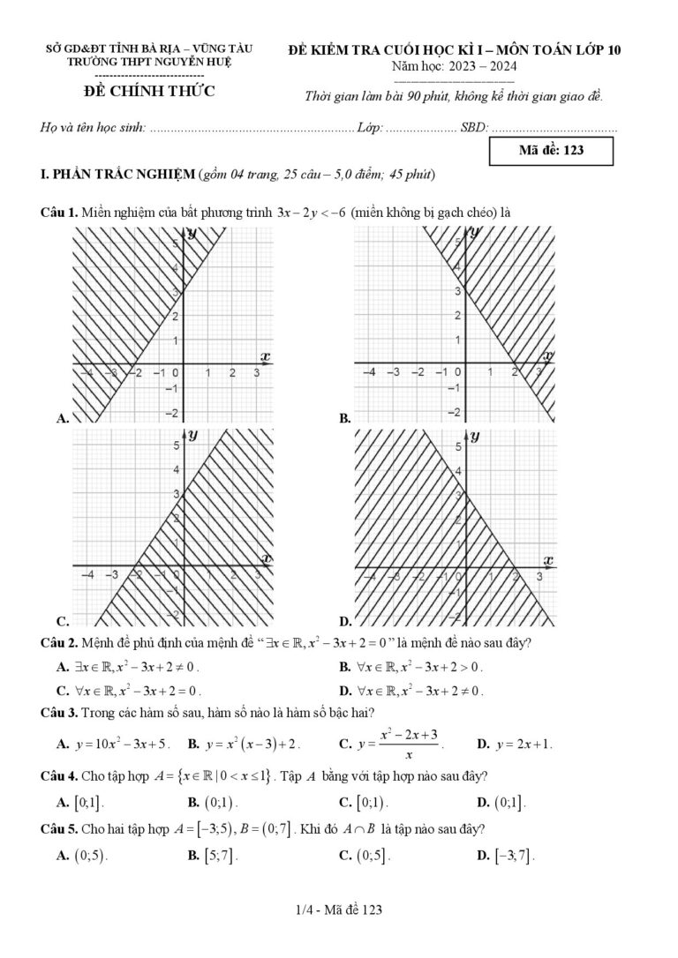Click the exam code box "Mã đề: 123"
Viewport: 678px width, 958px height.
(552, 150)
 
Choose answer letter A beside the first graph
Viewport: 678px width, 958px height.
(62, 420)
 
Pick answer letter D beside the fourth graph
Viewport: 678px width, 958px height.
(345, 622)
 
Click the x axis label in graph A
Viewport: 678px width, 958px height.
(265, 356)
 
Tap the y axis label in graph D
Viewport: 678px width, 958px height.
(475, 436)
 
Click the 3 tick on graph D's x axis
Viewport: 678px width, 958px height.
(539, 576)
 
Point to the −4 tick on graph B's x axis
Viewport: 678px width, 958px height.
(370, 373)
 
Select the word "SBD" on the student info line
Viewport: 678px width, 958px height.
(472, 128)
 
